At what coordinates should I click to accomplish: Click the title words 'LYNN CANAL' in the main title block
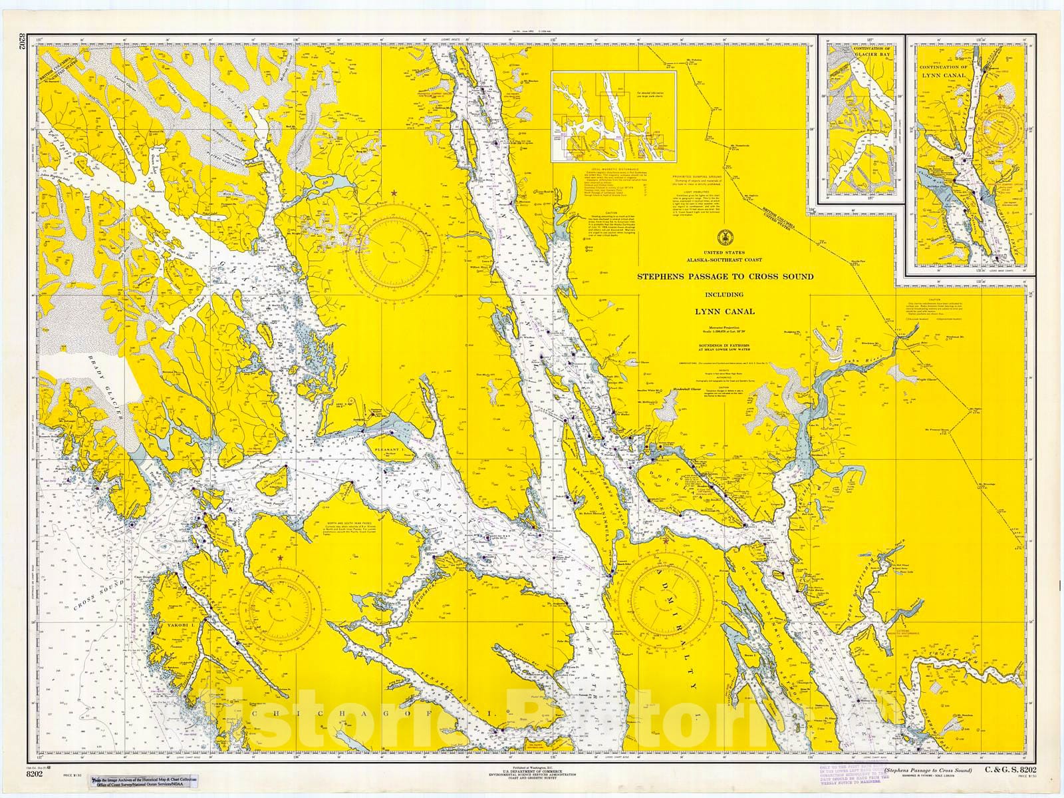pyautogui.click(x=724, y=311)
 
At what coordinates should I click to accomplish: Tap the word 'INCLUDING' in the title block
pyautogui.click(x=724, y=294)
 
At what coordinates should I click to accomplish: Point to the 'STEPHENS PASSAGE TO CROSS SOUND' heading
pyautogui.click(x=725, y=276)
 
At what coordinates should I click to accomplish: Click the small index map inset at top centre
pyautogui.click(x=613, y=116)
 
